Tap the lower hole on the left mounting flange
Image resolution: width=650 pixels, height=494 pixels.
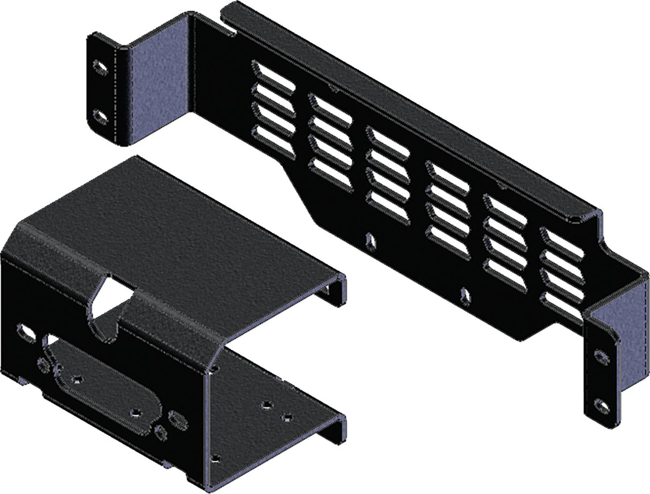pos(100,115)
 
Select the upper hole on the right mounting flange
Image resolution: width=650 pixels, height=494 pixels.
pos(602,355)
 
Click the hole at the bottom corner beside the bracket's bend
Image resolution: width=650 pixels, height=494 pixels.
pos(215,458)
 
